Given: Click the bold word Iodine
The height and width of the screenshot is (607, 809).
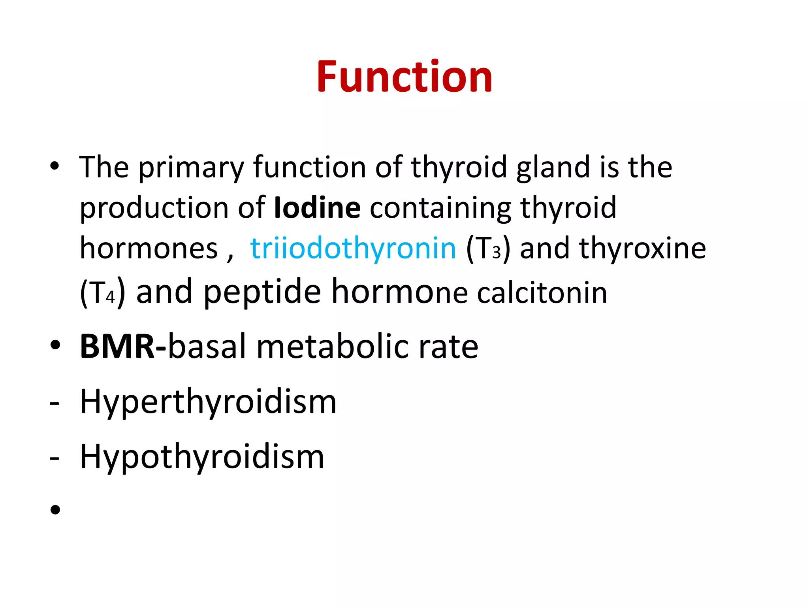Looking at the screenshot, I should [317, 207].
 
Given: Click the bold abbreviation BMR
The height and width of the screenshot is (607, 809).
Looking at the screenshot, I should [117, 346].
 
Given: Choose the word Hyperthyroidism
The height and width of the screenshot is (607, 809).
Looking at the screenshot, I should [208, 402].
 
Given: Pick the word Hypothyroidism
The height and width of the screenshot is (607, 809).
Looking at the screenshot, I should [202, 456].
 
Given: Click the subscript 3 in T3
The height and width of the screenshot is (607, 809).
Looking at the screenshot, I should [496, 253].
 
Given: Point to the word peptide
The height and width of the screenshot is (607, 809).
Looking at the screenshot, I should [262, 292].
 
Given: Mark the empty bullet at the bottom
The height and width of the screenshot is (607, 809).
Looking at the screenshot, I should [55, 510].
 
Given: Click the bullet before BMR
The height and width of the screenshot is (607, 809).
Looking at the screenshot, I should [55, 345].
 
